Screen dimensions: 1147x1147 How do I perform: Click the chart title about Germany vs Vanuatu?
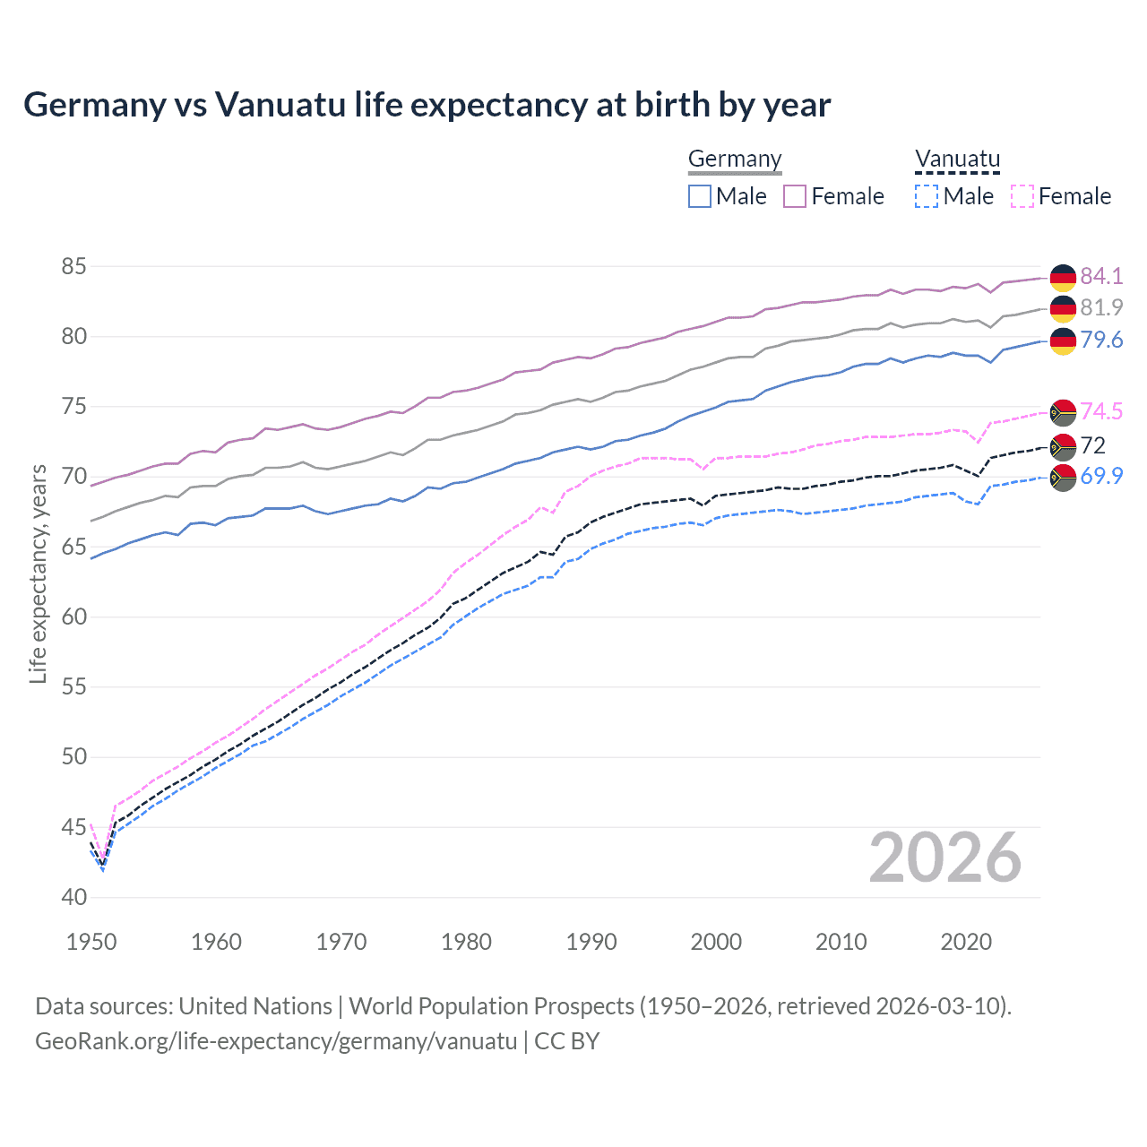point(427,105)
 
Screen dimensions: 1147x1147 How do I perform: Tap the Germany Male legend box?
point(700,196)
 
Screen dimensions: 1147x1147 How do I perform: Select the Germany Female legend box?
point(795,196)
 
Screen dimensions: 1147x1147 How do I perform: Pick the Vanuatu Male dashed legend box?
point(927,196)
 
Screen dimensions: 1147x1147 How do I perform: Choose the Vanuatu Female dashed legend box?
point(1022,196)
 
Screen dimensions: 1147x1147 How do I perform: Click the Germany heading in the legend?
point(735,160)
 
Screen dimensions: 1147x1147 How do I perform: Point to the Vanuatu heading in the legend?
point(957,160)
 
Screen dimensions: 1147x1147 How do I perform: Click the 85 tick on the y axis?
point(73,266)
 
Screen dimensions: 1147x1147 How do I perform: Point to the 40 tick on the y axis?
point(73,897)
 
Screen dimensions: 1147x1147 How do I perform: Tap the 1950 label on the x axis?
point(91,942)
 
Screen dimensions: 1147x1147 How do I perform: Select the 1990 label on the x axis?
point(591,942)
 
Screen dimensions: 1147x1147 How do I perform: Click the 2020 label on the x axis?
point(966,942)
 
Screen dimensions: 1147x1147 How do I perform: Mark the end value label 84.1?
point(1101,276)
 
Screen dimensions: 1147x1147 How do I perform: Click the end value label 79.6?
point(1101,341)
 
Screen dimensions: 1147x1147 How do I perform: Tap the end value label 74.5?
point(1101,411)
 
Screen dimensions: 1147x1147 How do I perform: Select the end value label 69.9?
point(1101,477)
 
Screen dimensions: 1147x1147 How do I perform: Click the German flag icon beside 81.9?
point(1063,308)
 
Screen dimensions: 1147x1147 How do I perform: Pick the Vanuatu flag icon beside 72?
point(1063,446)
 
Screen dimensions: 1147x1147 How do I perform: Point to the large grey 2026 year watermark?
point(944,858)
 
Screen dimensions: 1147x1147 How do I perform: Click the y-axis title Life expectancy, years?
point(38,573)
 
